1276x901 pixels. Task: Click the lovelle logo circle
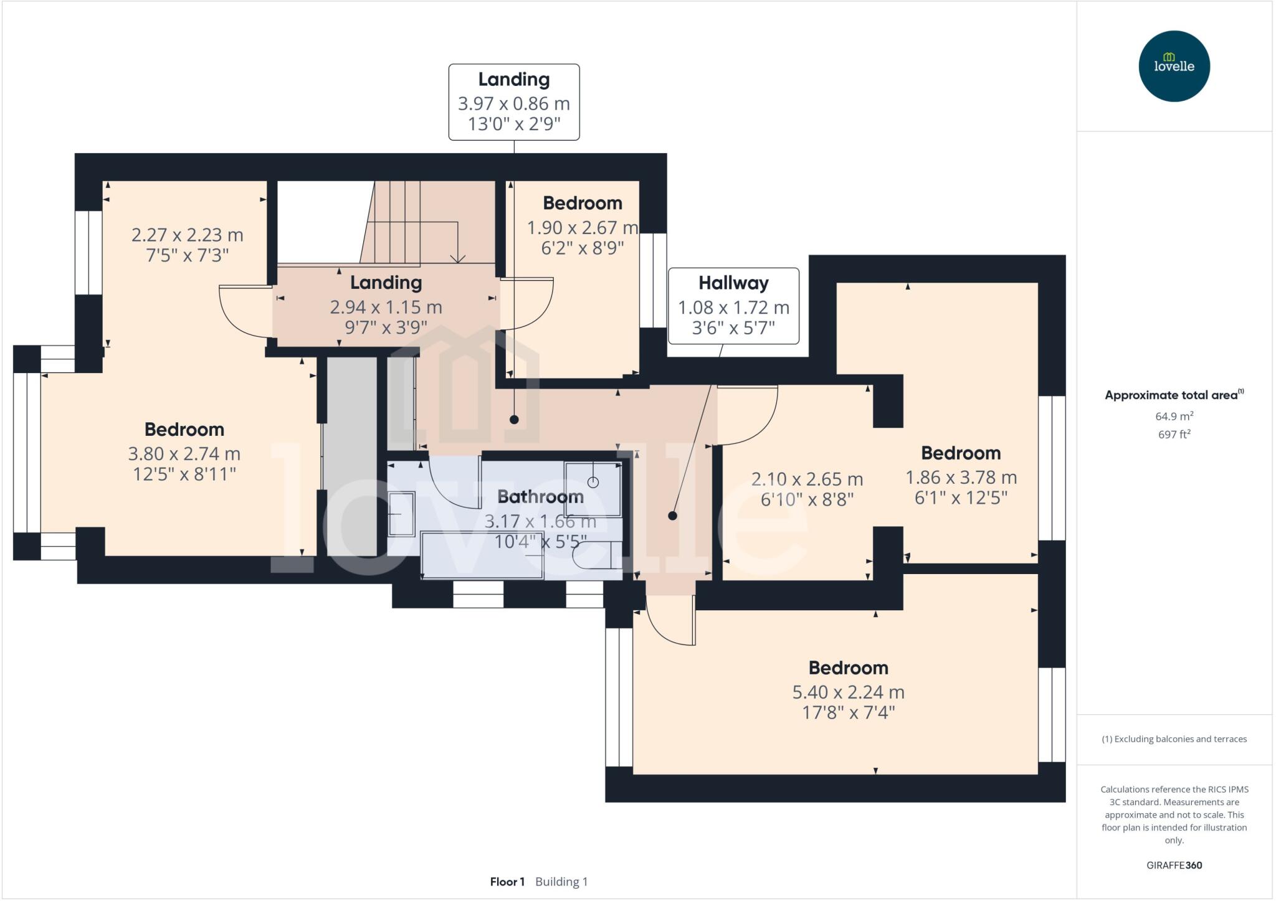(x=1174, y=67)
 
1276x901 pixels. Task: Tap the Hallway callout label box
(x=733, y=306)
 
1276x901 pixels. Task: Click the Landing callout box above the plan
(x=514, y=102)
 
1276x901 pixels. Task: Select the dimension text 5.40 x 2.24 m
(x=848, y=692)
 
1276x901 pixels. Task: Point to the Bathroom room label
(x=540, y=496)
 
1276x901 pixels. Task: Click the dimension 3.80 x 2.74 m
(x=184, y=453)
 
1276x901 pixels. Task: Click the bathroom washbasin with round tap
(x=593, y=489)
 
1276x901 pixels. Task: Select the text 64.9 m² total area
(x=1174, y=416)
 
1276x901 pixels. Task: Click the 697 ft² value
(x=1174, y=435)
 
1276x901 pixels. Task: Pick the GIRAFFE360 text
(x=1174, y=865)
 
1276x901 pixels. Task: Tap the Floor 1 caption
(x=507, y=882)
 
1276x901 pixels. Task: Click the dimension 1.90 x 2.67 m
(x=582, y=228)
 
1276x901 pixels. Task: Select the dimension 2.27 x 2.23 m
(x=187, y=235)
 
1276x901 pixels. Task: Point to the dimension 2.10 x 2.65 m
(x=807, y=479)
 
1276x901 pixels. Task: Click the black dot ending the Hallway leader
(x=672, y=516)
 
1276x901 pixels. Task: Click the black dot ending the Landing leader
(x=514, y=420)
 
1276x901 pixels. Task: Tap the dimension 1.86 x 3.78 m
(x=961, y=478)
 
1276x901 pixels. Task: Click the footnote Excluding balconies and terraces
(x=1174, y=739)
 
